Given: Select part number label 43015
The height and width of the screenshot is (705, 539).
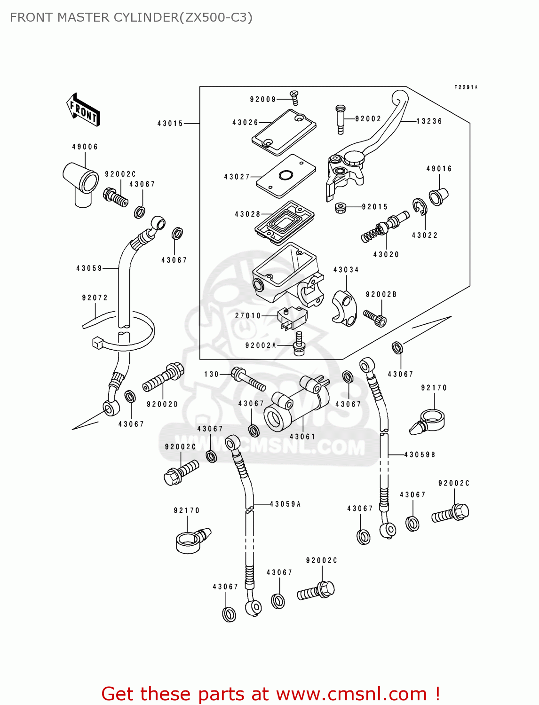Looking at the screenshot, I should click(170, 124).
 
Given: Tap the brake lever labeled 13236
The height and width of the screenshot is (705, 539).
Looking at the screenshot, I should click(376, 136).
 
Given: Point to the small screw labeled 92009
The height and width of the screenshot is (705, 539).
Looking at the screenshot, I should click(294, 98).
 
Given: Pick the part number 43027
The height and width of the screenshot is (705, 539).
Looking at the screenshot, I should click(237, 177).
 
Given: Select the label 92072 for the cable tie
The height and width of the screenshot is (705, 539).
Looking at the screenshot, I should click(95, 298).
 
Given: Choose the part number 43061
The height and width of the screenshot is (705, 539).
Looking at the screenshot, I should click(302, 437).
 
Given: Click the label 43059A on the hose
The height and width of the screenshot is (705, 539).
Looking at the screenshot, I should click(285, 504).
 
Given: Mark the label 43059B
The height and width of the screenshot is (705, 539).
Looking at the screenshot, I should click(420, 454).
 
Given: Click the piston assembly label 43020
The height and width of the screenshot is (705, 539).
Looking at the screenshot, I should click(386, 254).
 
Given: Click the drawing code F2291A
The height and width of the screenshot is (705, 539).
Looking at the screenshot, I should click(466, 87).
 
